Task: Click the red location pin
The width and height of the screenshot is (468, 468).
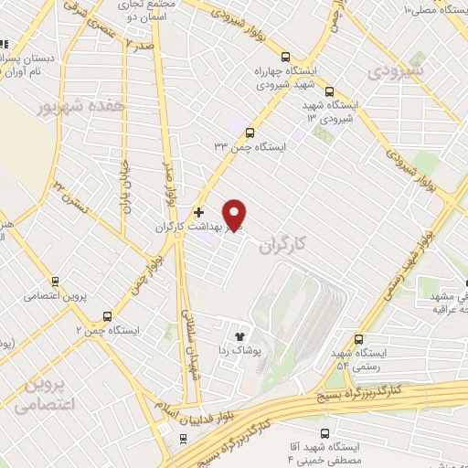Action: coord(235,214)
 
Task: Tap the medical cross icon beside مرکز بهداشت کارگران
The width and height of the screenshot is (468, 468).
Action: coord(199,212)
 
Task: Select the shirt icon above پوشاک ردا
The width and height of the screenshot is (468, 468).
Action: coord(241,335)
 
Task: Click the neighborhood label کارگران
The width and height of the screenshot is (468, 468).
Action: coord(280,247)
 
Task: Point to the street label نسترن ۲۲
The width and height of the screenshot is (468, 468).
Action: coord(70,193)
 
